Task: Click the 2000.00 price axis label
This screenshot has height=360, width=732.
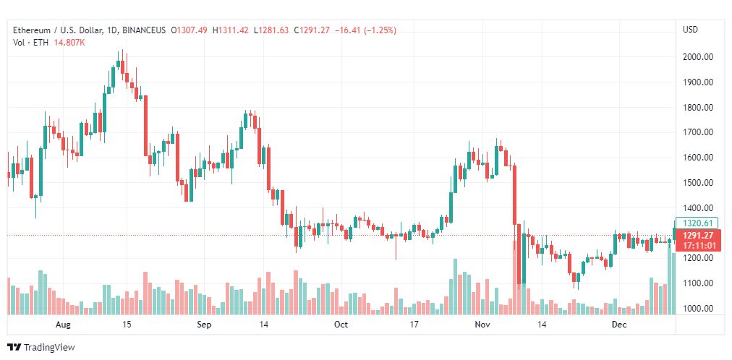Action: click(699, 57)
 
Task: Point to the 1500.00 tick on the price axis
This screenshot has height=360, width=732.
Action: click(699, 183)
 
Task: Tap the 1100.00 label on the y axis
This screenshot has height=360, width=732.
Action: click(699, 283)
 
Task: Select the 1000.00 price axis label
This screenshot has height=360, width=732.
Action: click(699, 309)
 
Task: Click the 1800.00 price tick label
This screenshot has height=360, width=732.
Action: click(699, 108)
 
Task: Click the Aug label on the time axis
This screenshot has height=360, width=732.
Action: click(63, 325)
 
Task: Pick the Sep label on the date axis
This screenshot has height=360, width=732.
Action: click(204, 325)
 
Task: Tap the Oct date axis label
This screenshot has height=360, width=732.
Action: click(341, 325)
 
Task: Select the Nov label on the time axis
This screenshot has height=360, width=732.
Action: click(482, 325)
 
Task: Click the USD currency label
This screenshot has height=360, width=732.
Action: click(690, 30)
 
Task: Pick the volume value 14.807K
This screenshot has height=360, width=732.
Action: click(69, 43)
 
